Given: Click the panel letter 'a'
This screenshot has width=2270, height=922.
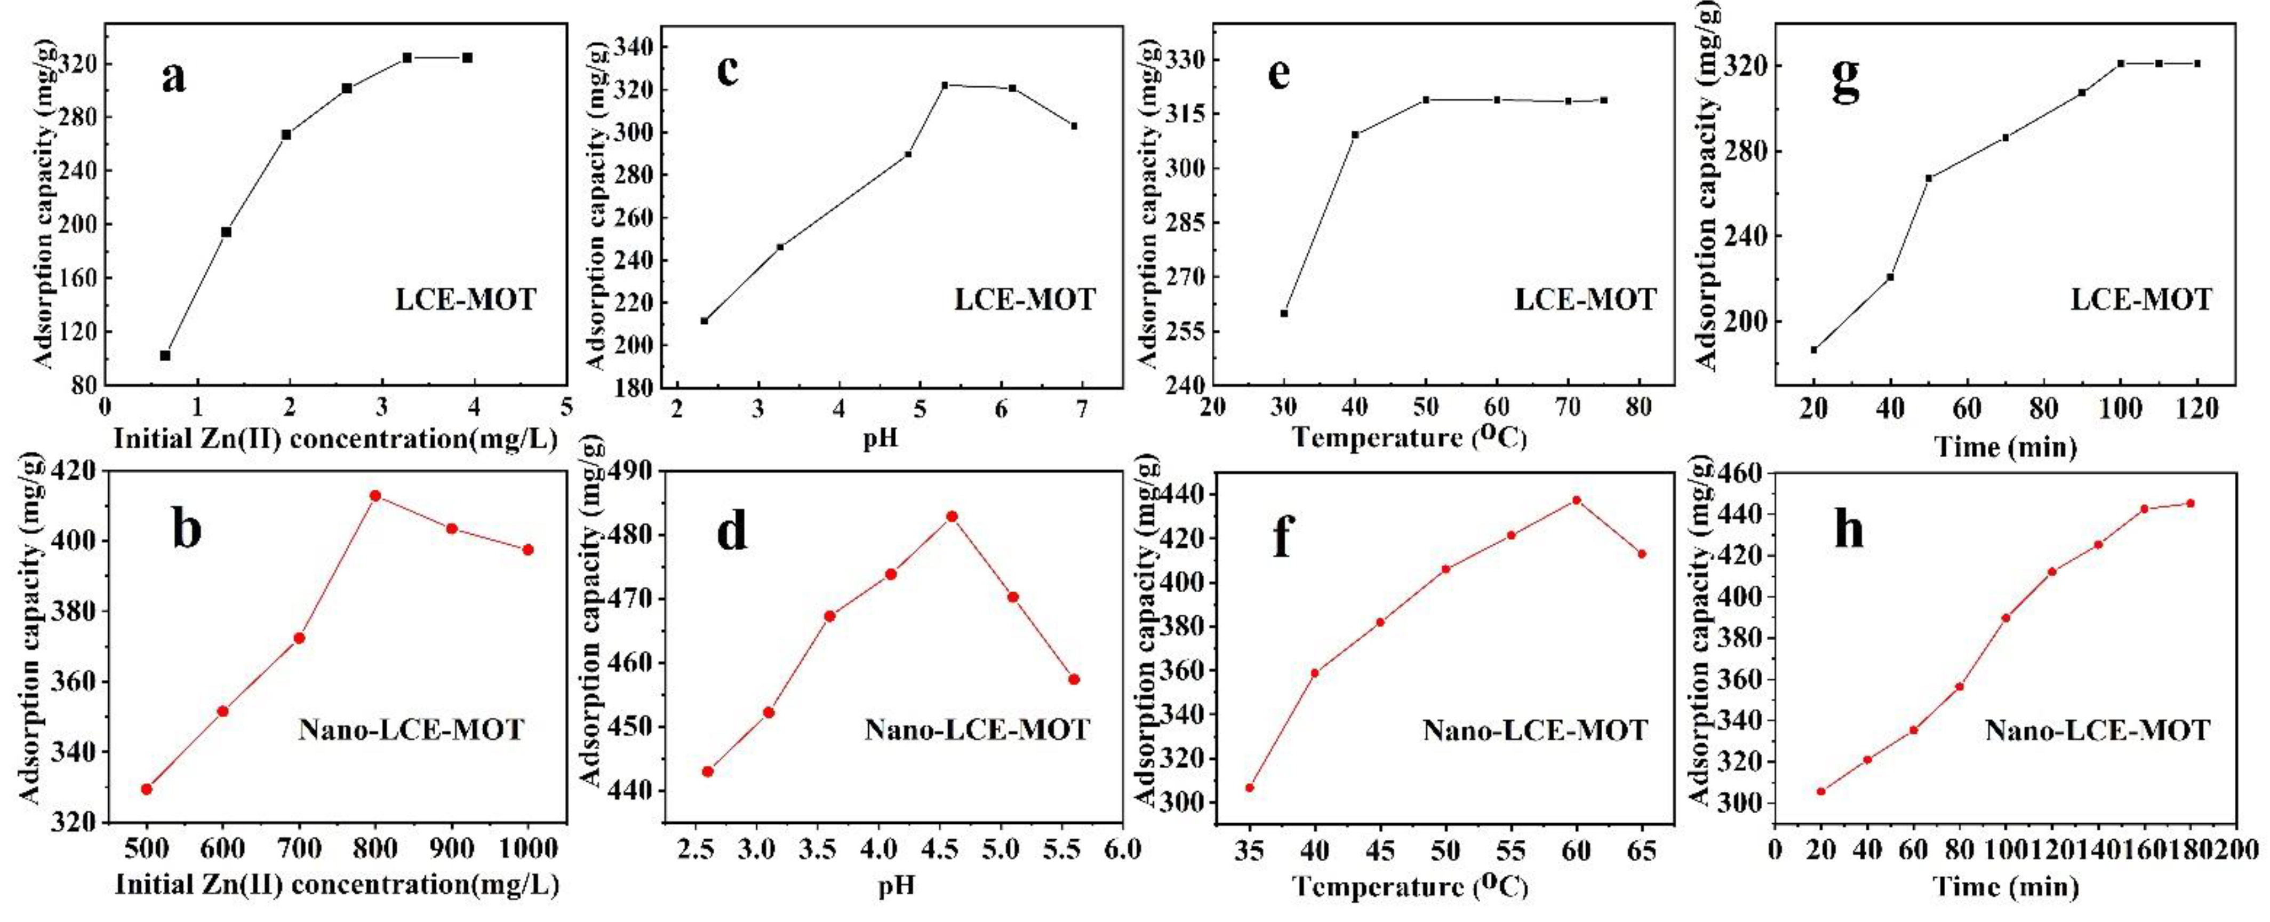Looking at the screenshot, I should click(173, 77).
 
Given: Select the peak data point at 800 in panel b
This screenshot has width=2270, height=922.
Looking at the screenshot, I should click(375, 495).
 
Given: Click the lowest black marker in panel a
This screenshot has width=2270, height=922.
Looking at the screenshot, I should click(165, 355).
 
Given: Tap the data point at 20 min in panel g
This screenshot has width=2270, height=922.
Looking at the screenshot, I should click(1813, 350).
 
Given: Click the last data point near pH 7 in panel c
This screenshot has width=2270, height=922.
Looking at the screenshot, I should click(1074, 126).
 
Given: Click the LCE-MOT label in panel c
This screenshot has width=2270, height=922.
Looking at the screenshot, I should click(1024, 300).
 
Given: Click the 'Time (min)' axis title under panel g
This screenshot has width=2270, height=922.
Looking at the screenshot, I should click(2005, 447).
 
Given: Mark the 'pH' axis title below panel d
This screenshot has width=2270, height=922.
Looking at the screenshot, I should click(896, 885).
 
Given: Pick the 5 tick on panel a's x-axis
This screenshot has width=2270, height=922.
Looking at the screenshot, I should click(566, 407).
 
